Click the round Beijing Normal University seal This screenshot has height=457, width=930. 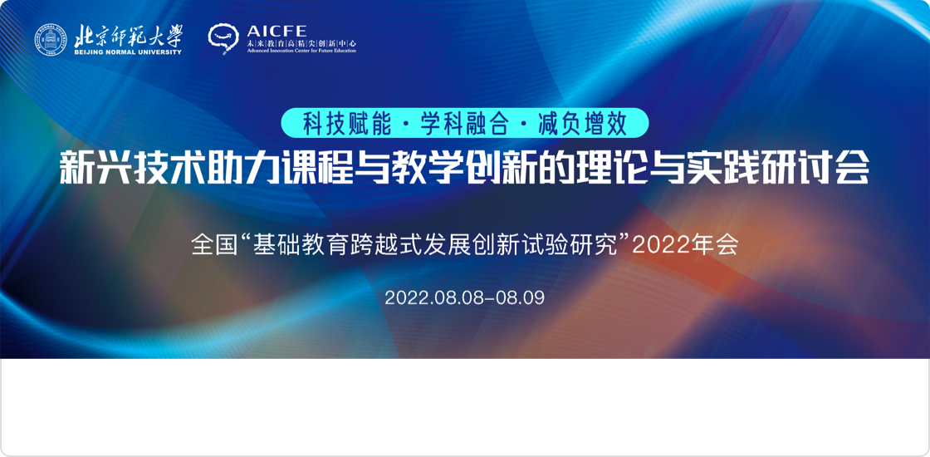click(51, 40)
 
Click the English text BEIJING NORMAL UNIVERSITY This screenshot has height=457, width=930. click(128, 52)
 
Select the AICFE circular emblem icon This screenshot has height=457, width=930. click(223, 38)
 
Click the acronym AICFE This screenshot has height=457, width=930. click(277, 32)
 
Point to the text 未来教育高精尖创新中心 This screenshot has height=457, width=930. click(301, 43)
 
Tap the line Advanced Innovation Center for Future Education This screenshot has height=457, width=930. click(301, 51)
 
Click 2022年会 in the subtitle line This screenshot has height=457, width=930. click(685, 244)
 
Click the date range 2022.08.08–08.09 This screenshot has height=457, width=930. click(464, 297)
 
